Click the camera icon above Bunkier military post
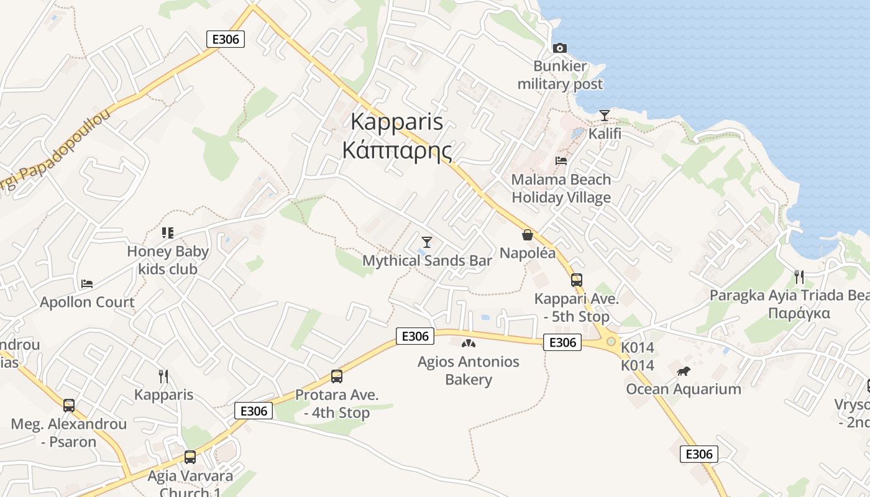point(559,48)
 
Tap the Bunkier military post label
point(560,75)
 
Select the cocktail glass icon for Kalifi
point(604,116)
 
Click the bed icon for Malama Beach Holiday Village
point(561,160)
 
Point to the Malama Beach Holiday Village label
point(561,188)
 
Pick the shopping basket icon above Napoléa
point(528,235)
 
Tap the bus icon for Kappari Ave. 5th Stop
point(577,280)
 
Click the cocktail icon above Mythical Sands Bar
point(426,242)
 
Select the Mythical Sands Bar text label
point(427,260)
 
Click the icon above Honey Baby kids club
point(167,233)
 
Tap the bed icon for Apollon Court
point(87,284)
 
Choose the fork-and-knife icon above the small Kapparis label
point(163,376)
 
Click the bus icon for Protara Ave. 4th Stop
point(336,376)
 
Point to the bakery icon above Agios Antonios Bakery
point(468,343)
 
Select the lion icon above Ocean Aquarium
point(684,372)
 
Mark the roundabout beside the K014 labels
point(611,341)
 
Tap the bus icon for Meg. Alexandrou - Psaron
point(69,406)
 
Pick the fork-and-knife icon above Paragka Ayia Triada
point(799,276)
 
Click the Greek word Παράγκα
point(799,312)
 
